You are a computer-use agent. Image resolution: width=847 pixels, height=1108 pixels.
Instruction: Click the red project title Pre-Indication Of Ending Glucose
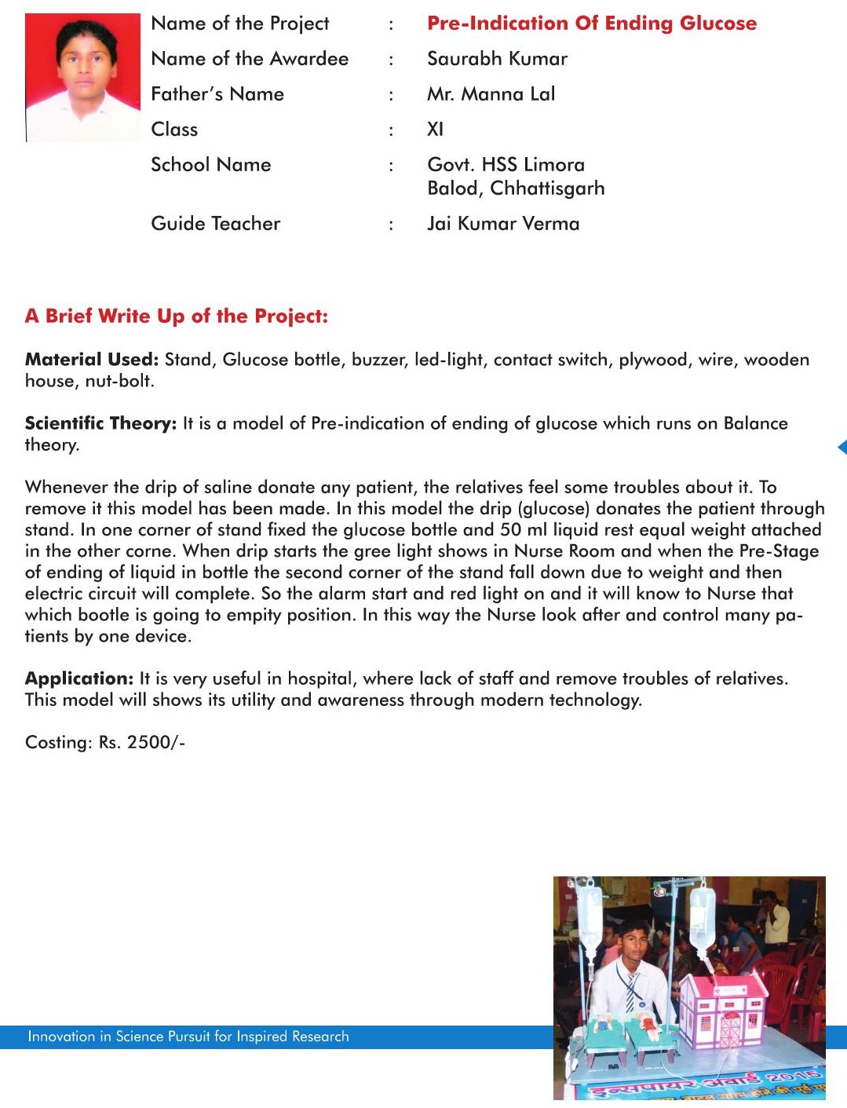pyautogui.click(x=591, y=24)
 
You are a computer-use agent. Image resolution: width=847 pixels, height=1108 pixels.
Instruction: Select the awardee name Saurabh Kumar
pyautogui.click(x=497, y=59)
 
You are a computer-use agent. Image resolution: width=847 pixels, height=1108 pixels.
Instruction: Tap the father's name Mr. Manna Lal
pyautogui.click(x=491, y=94)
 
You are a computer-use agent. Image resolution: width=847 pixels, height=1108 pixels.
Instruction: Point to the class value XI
pyautogui.click(x=435, y=130)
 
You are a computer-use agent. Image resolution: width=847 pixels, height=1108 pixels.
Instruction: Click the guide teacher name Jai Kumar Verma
pyautogui.click(x=503, y=224)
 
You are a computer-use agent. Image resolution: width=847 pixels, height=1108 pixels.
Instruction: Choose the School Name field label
pyautogui.click(x=210, y=165)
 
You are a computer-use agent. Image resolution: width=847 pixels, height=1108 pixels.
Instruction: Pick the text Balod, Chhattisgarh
pyautogui.click(x=516, y=188)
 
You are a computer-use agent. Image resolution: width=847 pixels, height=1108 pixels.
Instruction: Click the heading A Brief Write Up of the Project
pyautogui.click(x=177, y=316)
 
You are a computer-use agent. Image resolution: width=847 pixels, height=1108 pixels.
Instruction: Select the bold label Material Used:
pyautogui.click(x=92, y=360)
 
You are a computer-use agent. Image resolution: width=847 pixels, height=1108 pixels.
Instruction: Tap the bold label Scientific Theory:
pyautogui.click(x=100, y=423)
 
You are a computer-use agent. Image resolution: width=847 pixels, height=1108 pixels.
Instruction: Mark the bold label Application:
pyautogui.click(x=79, y=678)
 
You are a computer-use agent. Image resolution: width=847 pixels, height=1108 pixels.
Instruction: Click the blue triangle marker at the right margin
pyautogui.click(x=842, y=447)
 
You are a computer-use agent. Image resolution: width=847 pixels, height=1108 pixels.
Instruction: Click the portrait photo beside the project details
pyautogui.click(x=82, y=77)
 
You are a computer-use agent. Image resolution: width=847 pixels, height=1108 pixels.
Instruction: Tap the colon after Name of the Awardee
pyautogui.click(x=391, y=60)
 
